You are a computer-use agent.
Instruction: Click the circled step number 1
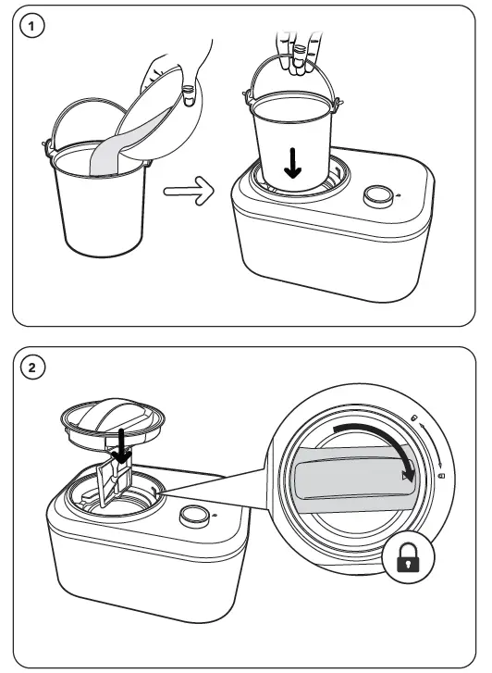(x=32, y=27)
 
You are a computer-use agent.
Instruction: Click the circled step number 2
(x=32, y=368)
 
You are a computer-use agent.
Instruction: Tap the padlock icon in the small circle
(x=408, y=557)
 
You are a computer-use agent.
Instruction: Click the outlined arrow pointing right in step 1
(x=189, y=191)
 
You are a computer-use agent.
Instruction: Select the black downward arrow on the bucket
(x=292, y=163)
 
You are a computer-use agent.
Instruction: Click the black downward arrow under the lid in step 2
(x=122, y=446)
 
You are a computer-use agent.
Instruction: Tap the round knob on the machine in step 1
(x=378, y=196)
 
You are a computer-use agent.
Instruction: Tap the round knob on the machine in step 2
(x=194, y=517)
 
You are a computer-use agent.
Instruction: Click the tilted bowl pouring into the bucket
(x=159, y=114)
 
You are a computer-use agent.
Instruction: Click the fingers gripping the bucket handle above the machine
(x=298, y=54)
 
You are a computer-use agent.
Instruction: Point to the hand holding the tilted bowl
(x=180, y=73)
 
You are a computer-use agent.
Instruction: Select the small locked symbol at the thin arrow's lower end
(x=441, y=476)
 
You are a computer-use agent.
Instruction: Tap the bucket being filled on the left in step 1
(x=99, y=193)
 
